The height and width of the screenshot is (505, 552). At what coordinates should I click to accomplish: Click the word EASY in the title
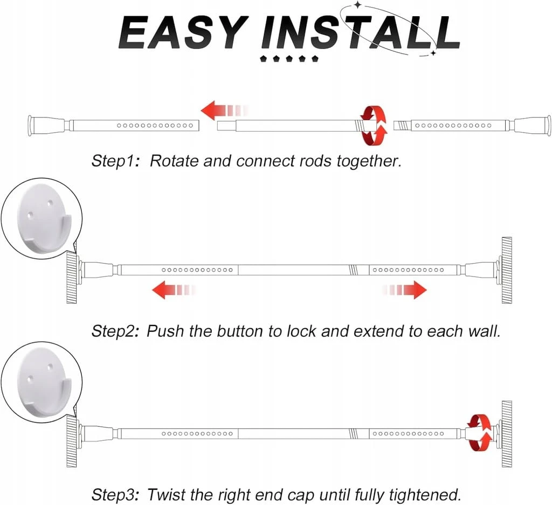[182, 32]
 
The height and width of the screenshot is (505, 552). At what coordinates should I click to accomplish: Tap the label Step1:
[116, 161]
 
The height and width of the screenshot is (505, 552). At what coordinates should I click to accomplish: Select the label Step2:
[116, 331]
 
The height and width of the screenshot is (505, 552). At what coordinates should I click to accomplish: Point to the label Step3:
[116, 494]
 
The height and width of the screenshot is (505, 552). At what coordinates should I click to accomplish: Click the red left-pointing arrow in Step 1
[225, 110]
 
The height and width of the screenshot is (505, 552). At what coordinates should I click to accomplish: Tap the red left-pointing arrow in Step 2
[173, 290]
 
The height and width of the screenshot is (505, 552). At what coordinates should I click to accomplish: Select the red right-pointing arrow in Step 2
[404, 290]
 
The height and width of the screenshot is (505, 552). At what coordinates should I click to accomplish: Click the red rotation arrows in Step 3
[479, 432]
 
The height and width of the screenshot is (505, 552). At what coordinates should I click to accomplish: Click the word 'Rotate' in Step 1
[174, 161]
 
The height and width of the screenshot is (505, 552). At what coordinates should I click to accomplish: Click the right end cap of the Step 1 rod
[533, 125]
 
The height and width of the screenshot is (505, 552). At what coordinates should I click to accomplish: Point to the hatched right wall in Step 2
[507, 270]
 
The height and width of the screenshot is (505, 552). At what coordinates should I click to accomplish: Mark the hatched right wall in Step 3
[507, 433]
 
